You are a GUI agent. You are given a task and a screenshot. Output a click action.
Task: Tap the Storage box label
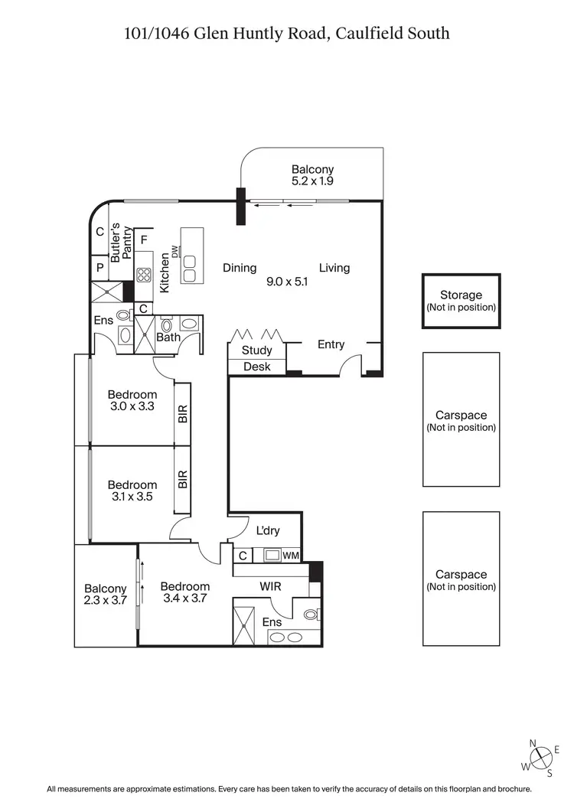[x=461, y=295]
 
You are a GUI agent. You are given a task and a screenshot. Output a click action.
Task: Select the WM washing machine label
[x=291, y=556]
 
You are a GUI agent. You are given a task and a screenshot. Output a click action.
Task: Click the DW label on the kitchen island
[x=174, y=253]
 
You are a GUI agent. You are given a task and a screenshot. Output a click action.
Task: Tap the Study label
[x=256, y=351]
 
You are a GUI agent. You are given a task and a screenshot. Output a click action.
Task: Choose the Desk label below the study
[x=256, y=367]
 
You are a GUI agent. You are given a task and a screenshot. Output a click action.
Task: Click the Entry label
[x=331, y=344]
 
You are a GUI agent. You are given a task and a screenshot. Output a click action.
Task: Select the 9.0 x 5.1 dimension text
[x=287, y=282]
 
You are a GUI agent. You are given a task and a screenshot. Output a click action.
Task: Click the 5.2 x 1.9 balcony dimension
[x=312, y=181]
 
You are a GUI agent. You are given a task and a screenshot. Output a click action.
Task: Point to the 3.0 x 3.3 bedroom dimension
[x=132, y=406]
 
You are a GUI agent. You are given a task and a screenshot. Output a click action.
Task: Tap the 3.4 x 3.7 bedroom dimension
[x=184, y=598]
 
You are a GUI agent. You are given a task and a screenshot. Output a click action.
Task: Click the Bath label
[x=168, y=337]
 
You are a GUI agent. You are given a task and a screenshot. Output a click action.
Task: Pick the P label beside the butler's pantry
[x=99, y=268]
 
